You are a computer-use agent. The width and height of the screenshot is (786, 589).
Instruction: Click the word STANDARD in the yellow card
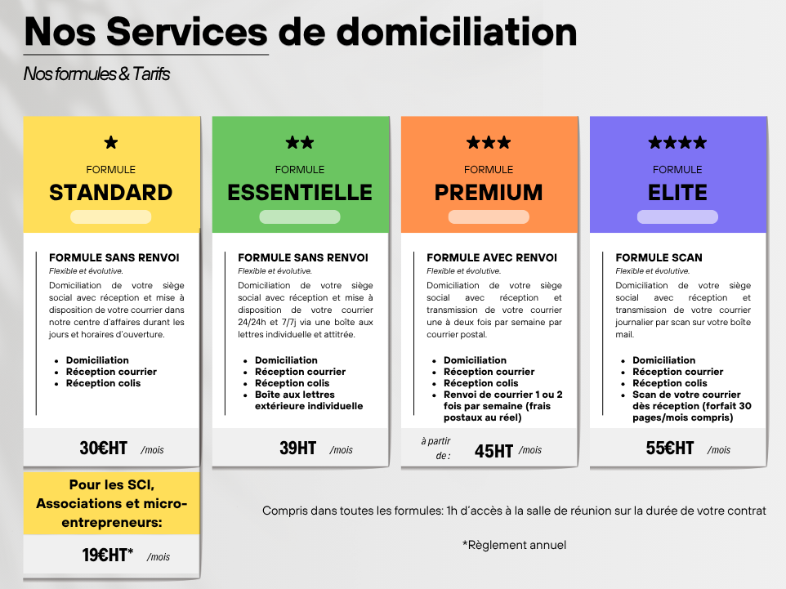(x=111, y=193)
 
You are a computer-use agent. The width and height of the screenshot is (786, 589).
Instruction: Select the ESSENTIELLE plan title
(x=300, y=193)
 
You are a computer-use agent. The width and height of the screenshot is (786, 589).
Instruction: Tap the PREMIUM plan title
(x=489, y=193)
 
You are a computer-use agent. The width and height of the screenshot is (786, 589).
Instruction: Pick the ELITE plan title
(x=677, y=193)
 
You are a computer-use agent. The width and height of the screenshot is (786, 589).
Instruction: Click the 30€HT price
(x=103, y=448)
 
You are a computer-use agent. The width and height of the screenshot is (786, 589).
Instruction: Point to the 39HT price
(x=297, y=448)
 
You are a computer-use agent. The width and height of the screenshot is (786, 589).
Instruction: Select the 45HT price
(x=493, y=451)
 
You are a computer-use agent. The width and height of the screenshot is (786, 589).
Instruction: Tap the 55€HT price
(x=670, y=448)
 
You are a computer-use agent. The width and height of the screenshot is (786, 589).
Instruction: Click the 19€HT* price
(x=108, y=555)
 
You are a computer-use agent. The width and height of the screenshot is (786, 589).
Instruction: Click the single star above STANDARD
(x=111, y=143)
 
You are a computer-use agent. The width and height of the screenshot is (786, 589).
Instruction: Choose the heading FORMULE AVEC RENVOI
(x=492, y=257)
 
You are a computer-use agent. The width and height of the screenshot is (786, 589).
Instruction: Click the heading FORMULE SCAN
(x=659, y=257)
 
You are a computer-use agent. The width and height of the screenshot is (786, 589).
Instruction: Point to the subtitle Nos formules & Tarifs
(x=96, y=74)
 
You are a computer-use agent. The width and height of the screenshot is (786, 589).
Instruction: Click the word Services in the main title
(x=187, y=32)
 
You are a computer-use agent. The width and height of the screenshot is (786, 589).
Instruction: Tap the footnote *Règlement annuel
(x=514, y=545)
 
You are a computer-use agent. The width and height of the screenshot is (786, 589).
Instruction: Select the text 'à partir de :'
(x=436, y=448)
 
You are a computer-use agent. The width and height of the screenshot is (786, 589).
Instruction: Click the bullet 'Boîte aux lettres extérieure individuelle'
(x=309, y=400)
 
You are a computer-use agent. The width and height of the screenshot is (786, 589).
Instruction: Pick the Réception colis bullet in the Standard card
(x=103, y=383)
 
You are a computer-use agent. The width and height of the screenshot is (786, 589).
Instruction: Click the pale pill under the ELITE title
(x=677, y=217)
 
